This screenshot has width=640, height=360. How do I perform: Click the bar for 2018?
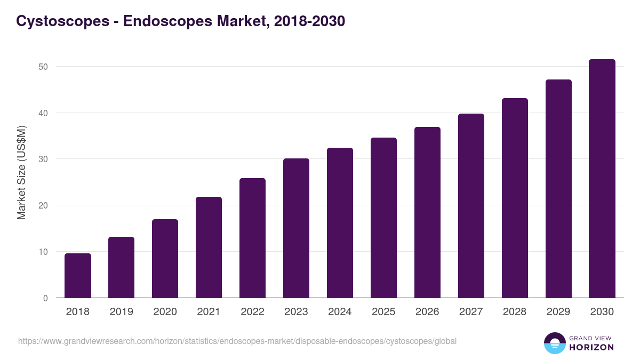tap(78, 276)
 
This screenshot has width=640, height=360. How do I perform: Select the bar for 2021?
tap(209, 247)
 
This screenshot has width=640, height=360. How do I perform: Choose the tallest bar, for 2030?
tap(602, 179)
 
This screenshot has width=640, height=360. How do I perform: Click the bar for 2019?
tap(121, 267)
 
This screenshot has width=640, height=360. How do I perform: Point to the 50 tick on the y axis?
tap(43, 67)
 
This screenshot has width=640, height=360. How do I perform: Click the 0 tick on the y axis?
tap(45, 298)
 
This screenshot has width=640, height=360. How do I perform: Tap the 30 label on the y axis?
tap(43, 159)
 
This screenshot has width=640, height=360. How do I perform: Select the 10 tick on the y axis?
tap(43, 252)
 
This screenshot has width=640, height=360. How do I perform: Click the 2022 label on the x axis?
tap(252, 312)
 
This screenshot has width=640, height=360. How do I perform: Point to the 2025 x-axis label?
tap(383, 312)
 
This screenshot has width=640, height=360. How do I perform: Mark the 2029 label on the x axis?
tap(558, 312)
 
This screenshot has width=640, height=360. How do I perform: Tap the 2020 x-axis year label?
tap(165, 312)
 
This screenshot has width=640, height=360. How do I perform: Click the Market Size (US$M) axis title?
tap(21, 173)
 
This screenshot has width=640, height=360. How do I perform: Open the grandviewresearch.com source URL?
tap(237, 341)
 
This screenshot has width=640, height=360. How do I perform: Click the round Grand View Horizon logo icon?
tap(555, 343)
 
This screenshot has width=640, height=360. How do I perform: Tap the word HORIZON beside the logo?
tap(591, 347)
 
